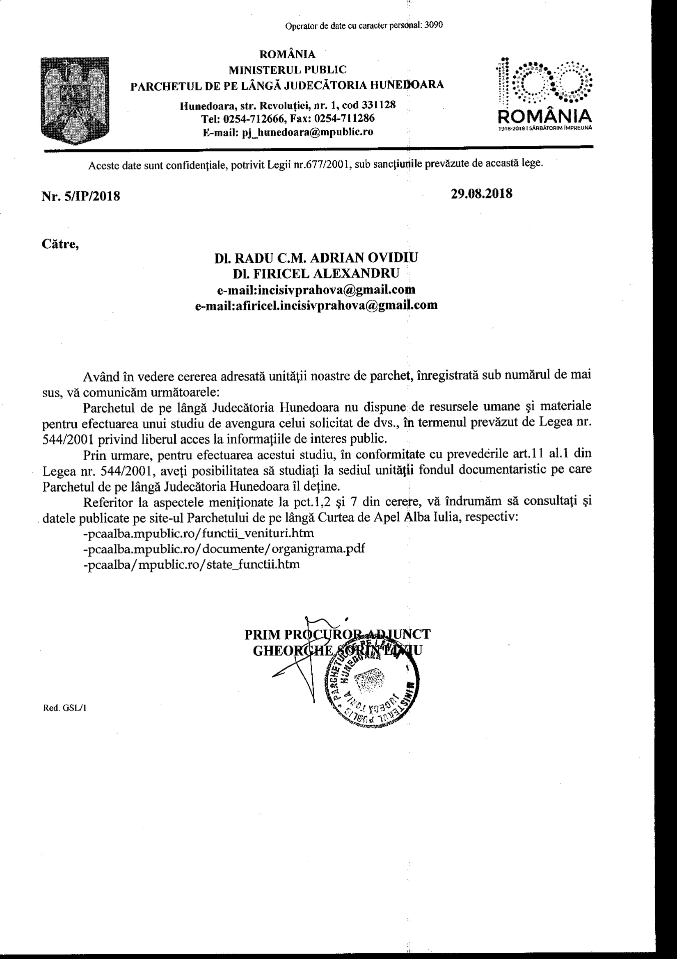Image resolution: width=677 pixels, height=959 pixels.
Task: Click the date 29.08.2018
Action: [481, 194]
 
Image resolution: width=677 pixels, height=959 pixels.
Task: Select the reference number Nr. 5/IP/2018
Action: [81, 196]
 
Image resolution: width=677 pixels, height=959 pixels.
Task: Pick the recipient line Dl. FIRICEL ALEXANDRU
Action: [316, 273]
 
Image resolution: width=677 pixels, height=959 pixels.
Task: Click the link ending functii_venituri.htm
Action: [199, 533]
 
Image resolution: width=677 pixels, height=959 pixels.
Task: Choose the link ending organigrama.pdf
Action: [224, 549]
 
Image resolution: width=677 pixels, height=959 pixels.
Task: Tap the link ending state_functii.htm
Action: [192, 564]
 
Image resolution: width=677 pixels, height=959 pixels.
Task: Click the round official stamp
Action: [370, 686]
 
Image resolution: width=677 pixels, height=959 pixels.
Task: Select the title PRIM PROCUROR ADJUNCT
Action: [337, 634]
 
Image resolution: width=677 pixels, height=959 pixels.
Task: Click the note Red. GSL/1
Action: [64, 708]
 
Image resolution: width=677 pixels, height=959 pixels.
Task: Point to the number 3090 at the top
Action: [433, 25]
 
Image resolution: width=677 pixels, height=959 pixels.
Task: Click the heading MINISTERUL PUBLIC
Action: [288, 69]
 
